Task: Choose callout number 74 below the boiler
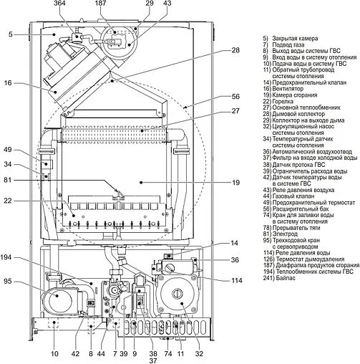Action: coord(167,354)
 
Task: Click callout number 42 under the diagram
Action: coord(75,354)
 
